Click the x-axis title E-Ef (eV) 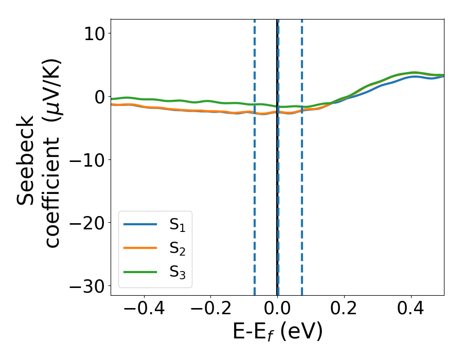(x=277, y=332)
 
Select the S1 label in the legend (x=177, y=225)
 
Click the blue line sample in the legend (x=140, y=224)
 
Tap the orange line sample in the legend (x=140, y=248)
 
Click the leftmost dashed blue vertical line (x=255, y=154)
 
